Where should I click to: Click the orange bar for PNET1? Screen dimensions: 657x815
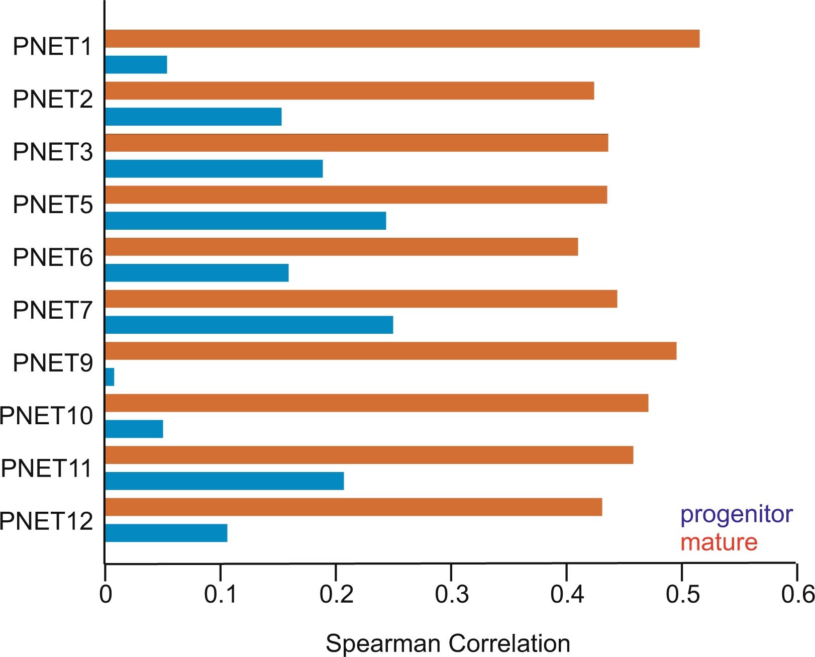click(x=402, y=39)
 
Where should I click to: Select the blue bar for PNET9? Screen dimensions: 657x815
click(x=110, y=377)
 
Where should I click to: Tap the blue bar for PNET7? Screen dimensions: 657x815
click(x=249, y=325)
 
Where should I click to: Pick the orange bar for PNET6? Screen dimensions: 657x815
click(x=342, y=247)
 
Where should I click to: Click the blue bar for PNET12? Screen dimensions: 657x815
click(x=166, y=533)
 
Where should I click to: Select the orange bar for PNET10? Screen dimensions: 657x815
click(x=377, y=403)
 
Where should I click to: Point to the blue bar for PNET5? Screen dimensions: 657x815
click(x=245, y=221)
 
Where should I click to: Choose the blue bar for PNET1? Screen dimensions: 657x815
click(x=136, y=65)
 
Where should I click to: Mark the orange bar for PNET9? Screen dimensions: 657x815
click(x=390, y=351)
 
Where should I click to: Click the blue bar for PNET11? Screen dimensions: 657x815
click(x=224, y=481)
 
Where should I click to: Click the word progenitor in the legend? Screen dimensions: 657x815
click(x=736, y=514)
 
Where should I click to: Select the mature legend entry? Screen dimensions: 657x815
click(x=719, y=542)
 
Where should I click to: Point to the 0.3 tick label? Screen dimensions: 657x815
click(x=451, y=595)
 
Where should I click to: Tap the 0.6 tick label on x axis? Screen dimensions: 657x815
click(x=797, y=595)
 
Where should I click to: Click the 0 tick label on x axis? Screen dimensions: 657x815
click(x=106, y=595)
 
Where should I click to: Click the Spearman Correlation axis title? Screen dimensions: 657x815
click(x=448, y=643)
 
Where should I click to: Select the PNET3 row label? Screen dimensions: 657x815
click(x=53, y=152)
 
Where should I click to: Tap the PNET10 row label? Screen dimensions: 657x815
click(x=46, y=416)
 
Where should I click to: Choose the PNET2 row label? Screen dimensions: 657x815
click(x=53, y=99)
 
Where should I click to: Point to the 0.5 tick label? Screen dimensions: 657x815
click(x=682, y=595)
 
